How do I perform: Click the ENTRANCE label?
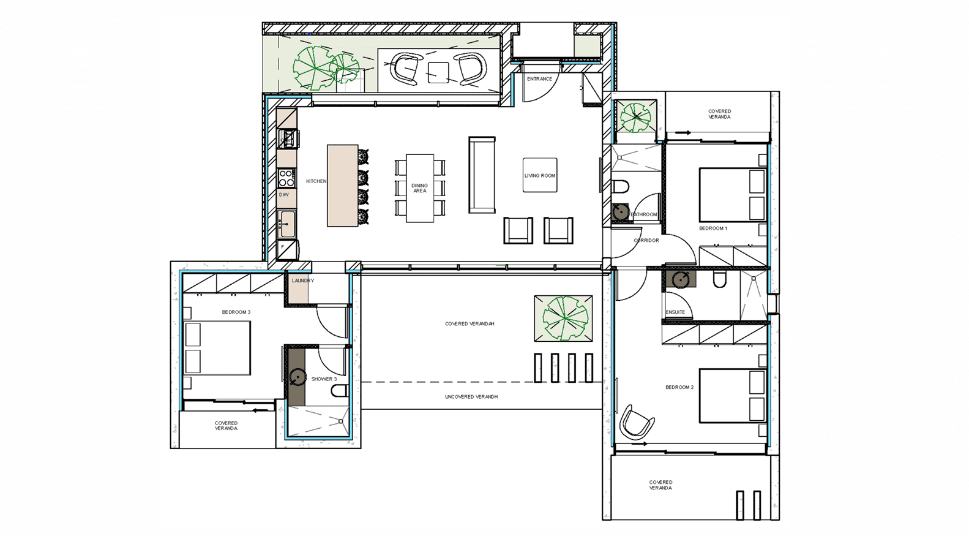[x=539, y=79]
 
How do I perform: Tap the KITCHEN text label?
[x=316, y=181]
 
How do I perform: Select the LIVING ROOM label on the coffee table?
[x=540, y=175]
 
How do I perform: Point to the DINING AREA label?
[x=419, y=188]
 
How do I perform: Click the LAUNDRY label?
[x=303, y=281]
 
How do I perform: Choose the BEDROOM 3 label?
[x=236, y=312]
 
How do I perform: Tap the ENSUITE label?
[x=675, y=312]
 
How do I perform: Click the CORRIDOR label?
[x=646, y=240]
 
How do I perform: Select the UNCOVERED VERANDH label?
[x=471, y=396]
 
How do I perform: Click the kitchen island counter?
[x=343, y=186]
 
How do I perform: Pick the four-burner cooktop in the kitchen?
[x=287, y=178]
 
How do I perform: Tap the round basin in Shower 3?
[x=297, y=377]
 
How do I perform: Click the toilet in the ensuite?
[x=719, y=280]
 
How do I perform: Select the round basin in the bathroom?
[x=621, y=212]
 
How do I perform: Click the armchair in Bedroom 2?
[x=637, y=422]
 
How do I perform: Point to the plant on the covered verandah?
[x=564, y=318]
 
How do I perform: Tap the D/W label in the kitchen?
[x=284, y=195]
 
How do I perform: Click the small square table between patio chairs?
[x=438, y=73]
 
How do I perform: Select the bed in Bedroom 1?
[x=733, y=195]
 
